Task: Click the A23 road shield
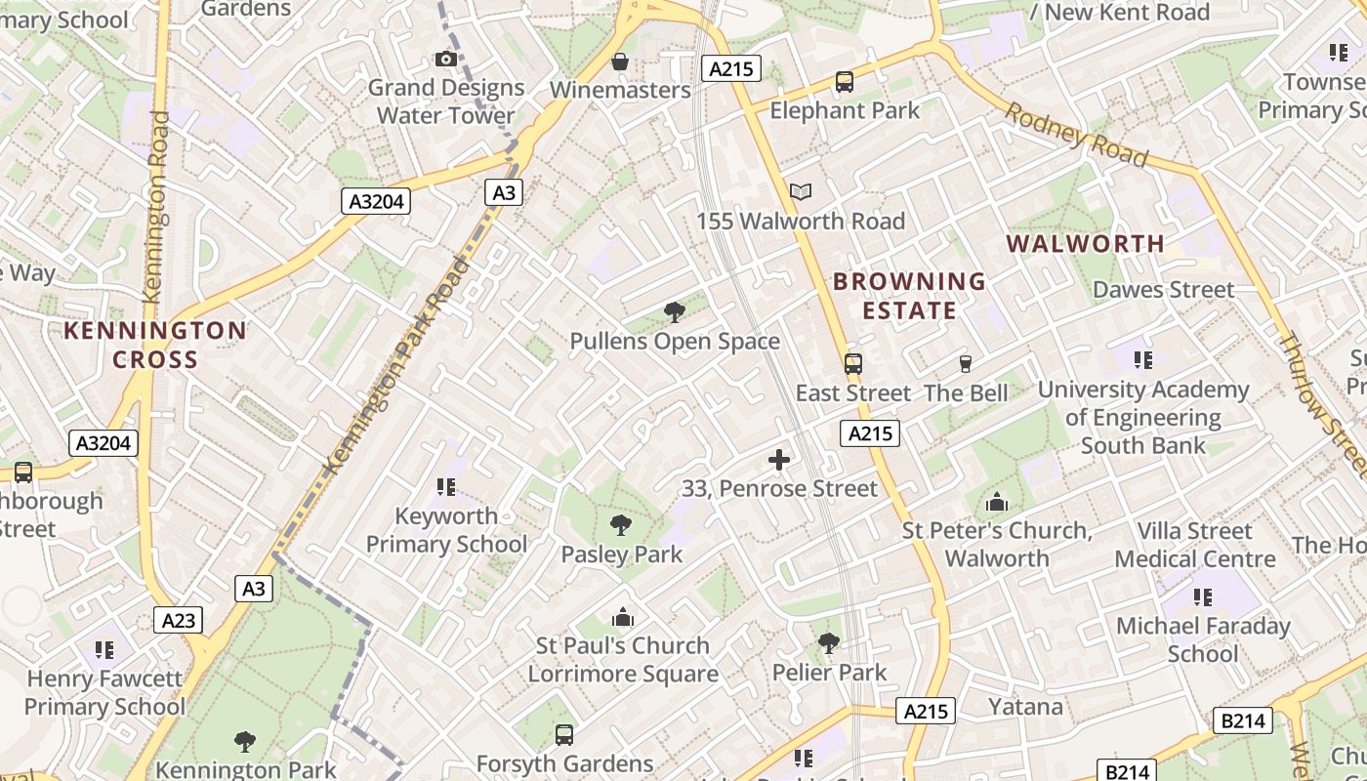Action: click(179, 620)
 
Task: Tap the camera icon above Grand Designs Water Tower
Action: click(446, 59)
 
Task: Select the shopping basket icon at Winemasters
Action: click(619, 62)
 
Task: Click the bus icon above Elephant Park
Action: click(845, 82)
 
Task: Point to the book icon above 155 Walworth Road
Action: click(801, 191)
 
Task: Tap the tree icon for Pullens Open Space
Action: click(674, 312)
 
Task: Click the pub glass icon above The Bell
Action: click(966, 364)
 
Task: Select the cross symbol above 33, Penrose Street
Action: click(779, 459)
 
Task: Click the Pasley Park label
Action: click(622, 555)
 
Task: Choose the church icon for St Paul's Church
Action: click(623, 617)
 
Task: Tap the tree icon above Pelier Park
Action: click(829, 643)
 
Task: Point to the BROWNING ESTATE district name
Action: click(909, 296)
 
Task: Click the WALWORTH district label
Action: click(1086, 243)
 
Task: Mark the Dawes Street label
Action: click(1164, 289)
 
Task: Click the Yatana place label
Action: click(1025, 706)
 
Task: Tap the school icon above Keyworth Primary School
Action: click(446, 486)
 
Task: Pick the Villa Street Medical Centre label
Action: click(1195, 545)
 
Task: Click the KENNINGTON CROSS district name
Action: click(155, 345)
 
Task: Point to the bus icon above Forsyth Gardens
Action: click(564, 734)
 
